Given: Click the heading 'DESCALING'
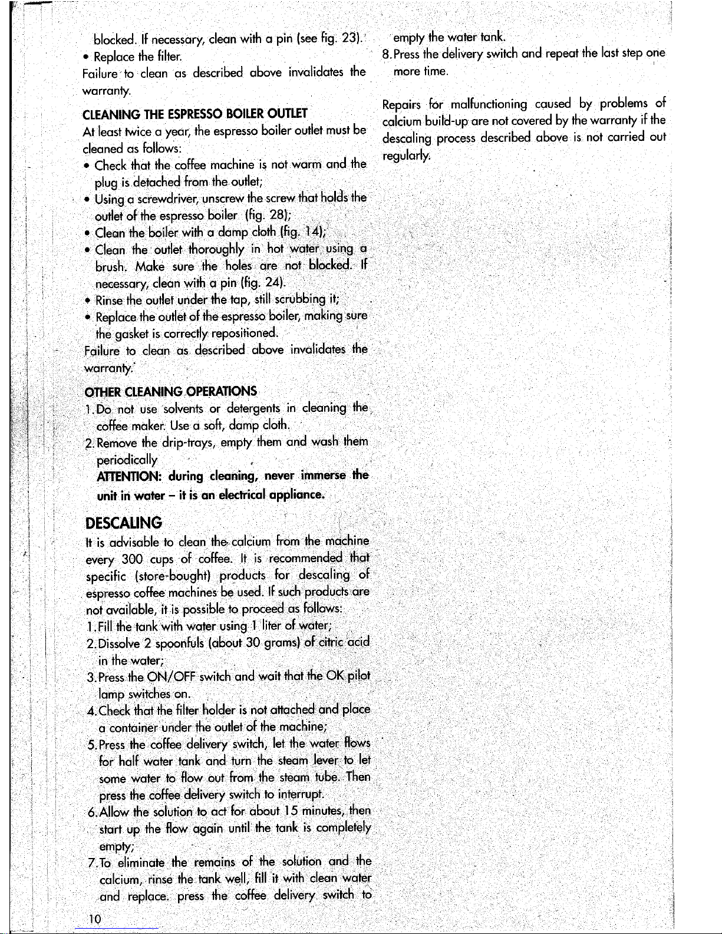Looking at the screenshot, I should point(123,523).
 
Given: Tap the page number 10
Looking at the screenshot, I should point(93,920).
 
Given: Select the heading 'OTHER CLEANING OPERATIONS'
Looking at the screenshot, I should point(171,392).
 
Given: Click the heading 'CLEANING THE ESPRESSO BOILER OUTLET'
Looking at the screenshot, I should point(195,114).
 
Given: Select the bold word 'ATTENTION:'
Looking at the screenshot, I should point(124,476).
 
